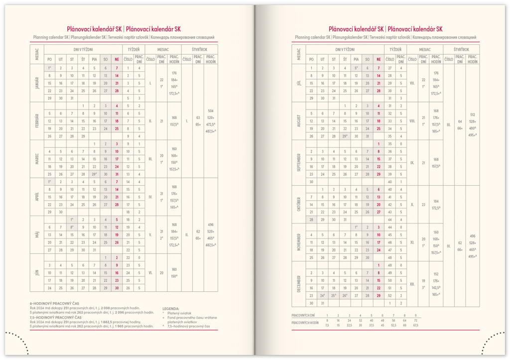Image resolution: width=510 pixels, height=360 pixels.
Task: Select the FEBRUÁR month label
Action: (x=36, y=121)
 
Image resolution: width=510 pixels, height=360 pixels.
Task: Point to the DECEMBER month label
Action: (x=298, y=284)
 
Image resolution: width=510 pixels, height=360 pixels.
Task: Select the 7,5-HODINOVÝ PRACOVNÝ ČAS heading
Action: (x=56, y=317)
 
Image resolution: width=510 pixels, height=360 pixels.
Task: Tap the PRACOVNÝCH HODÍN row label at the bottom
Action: (x=305, y=323)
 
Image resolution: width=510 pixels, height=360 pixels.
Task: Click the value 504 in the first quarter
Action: (x=211, y=111)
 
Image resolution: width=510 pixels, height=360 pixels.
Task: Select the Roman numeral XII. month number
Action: (x=412, y=284)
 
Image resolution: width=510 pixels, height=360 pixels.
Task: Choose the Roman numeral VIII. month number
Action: (x=412, y=121)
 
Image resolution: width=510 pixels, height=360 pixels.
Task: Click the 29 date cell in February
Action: (x=83, y=136)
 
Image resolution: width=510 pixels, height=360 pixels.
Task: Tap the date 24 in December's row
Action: (x=322, y=295)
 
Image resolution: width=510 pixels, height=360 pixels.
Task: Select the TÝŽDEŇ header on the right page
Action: (x=395, y=50)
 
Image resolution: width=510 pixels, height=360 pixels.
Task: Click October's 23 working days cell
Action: (x=423, y=204)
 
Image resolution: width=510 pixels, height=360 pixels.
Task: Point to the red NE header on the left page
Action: (x=117, y=59)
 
